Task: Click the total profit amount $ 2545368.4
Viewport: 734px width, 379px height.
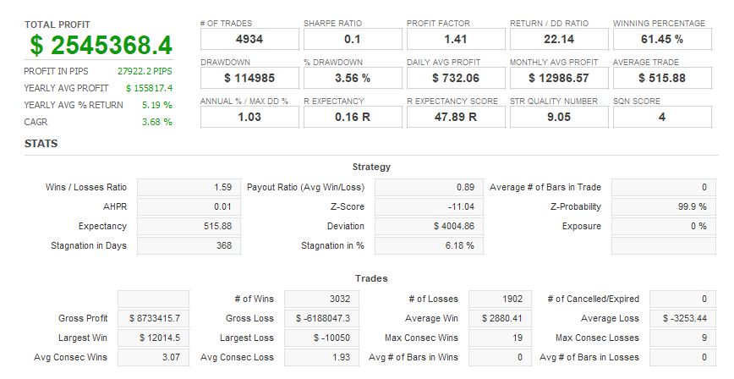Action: coord(101,46)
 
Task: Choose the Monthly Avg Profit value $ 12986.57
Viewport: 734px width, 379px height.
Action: coord(559,78)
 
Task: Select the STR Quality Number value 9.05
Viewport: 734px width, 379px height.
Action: coord(559,117)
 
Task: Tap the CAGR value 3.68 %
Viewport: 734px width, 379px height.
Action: coord(156,122)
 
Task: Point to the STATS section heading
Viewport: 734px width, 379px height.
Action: coord(41,144)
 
